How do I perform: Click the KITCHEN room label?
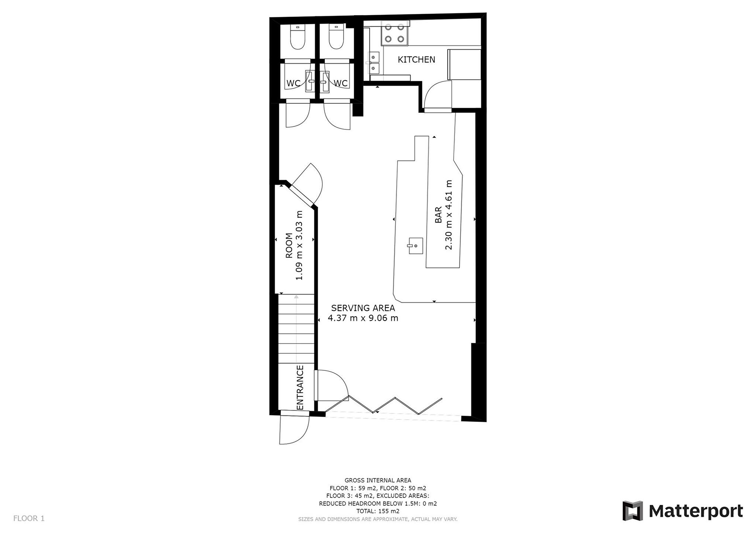pyautogui.click(x=416, y=59)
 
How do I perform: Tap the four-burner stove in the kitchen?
pyautogui.click(x=394, y=33)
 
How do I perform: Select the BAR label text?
pyautogui.click(x=438, y=215)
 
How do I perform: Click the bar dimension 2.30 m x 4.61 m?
pyautogui.click(x=449, y=215)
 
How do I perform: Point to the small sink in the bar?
pyautogui.click(x=415, y=245)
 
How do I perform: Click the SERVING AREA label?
pyautogui.click(x=363, y=308)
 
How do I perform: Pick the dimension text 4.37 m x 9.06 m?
pyautogui.click(x=363, y=318)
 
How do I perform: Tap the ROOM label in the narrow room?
pyautogui.click(x=289, y=245)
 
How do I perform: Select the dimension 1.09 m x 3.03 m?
pyautogui.click(x=299, y=245)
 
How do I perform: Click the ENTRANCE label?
pyautogui.click(x=300, y=387)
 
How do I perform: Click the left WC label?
pyautogui.click(x=293, y=83)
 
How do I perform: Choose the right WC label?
pyautogui.click(x=340, y=83)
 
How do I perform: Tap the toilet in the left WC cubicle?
pyautogui.click(x=298, y=37)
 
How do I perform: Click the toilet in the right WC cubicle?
pyautogui.click(x=336, y=37)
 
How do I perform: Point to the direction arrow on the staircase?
pyautogui.click(x=296, y=328)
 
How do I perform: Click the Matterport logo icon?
pyautogui.click(x=633, y=511)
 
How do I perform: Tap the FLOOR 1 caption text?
pyautogui.click(x=29, y=519)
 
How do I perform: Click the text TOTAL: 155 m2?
pyautogui.click(x=378, y=511)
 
